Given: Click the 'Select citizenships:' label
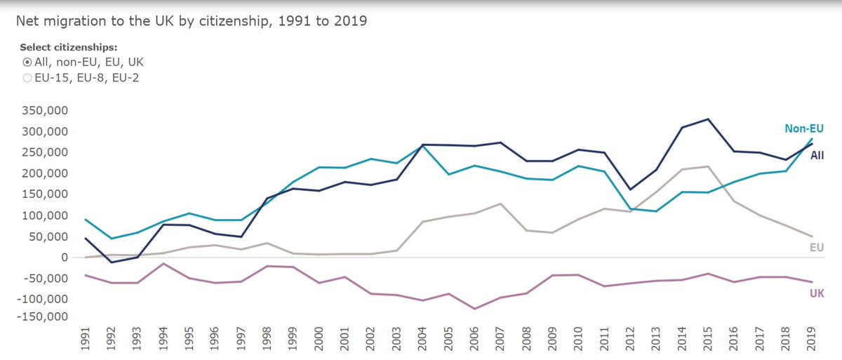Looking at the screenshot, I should pyautogui.click(x=69, y=47).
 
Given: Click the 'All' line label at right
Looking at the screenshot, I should pyautogui.click(x=817, y=156).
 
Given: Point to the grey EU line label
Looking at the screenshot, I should pyautogui.click(x=817, y=247).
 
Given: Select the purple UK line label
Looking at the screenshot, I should pyautogui.click(x=816, y=293).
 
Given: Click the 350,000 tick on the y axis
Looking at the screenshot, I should pyautogui.click(x=44, y=111).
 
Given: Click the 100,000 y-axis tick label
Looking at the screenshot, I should pyautogui.click(x=44, y=215).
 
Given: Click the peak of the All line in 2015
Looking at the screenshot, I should pyautogui.click(x=709, y=119).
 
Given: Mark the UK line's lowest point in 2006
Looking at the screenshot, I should pyautogui.click(x=474, y=309).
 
